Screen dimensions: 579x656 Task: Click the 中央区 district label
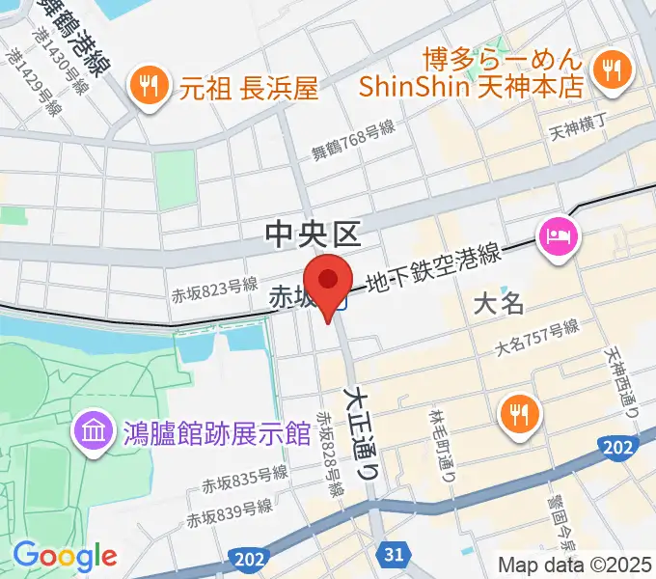313,234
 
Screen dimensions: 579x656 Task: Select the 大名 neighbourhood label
500,304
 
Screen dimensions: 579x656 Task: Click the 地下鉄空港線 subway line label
432,270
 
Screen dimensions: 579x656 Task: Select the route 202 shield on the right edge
622,447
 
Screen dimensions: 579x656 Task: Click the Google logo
65,556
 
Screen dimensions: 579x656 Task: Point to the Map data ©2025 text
575,564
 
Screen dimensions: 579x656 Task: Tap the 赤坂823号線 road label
215,286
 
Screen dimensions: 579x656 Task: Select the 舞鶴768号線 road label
353,143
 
